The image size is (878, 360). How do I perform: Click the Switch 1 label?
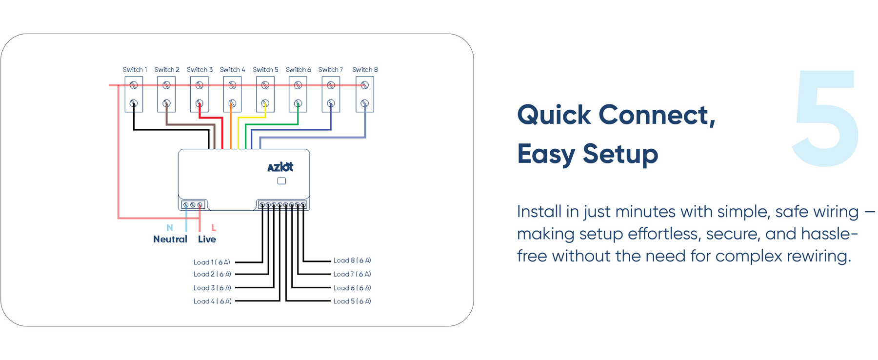(135, 70)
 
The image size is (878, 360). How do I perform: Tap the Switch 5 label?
(265, 70)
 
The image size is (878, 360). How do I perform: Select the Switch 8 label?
(365, 70)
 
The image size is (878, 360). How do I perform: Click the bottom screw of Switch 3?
(200, 103)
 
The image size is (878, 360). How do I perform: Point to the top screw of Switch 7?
(331, 85)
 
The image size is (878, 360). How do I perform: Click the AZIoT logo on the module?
(280, 167)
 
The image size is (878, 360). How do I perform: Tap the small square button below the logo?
(281, 181)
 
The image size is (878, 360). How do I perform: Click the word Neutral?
(170, 239)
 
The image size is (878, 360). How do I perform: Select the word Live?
(207, 239)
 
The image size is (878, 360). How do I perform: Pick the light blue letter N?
(170, 228)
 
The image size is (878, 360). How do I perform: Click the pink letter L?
(214, 228)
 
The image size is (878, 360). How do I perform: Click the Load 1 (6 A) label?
(212, 262)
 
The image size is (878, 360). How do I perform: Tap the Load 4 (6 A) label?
(212, 301)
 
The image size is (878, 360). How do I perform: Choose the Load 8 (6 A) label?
(352, 260)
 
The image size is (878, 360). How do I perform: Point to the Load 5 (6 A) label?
(352, 301)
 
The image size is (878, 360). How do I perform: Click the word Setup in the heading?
(620, 154)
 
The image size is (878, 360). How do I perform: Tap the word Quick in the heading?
(554, 115)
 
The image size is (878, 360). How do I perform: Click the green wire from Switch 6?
(273, 124)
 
